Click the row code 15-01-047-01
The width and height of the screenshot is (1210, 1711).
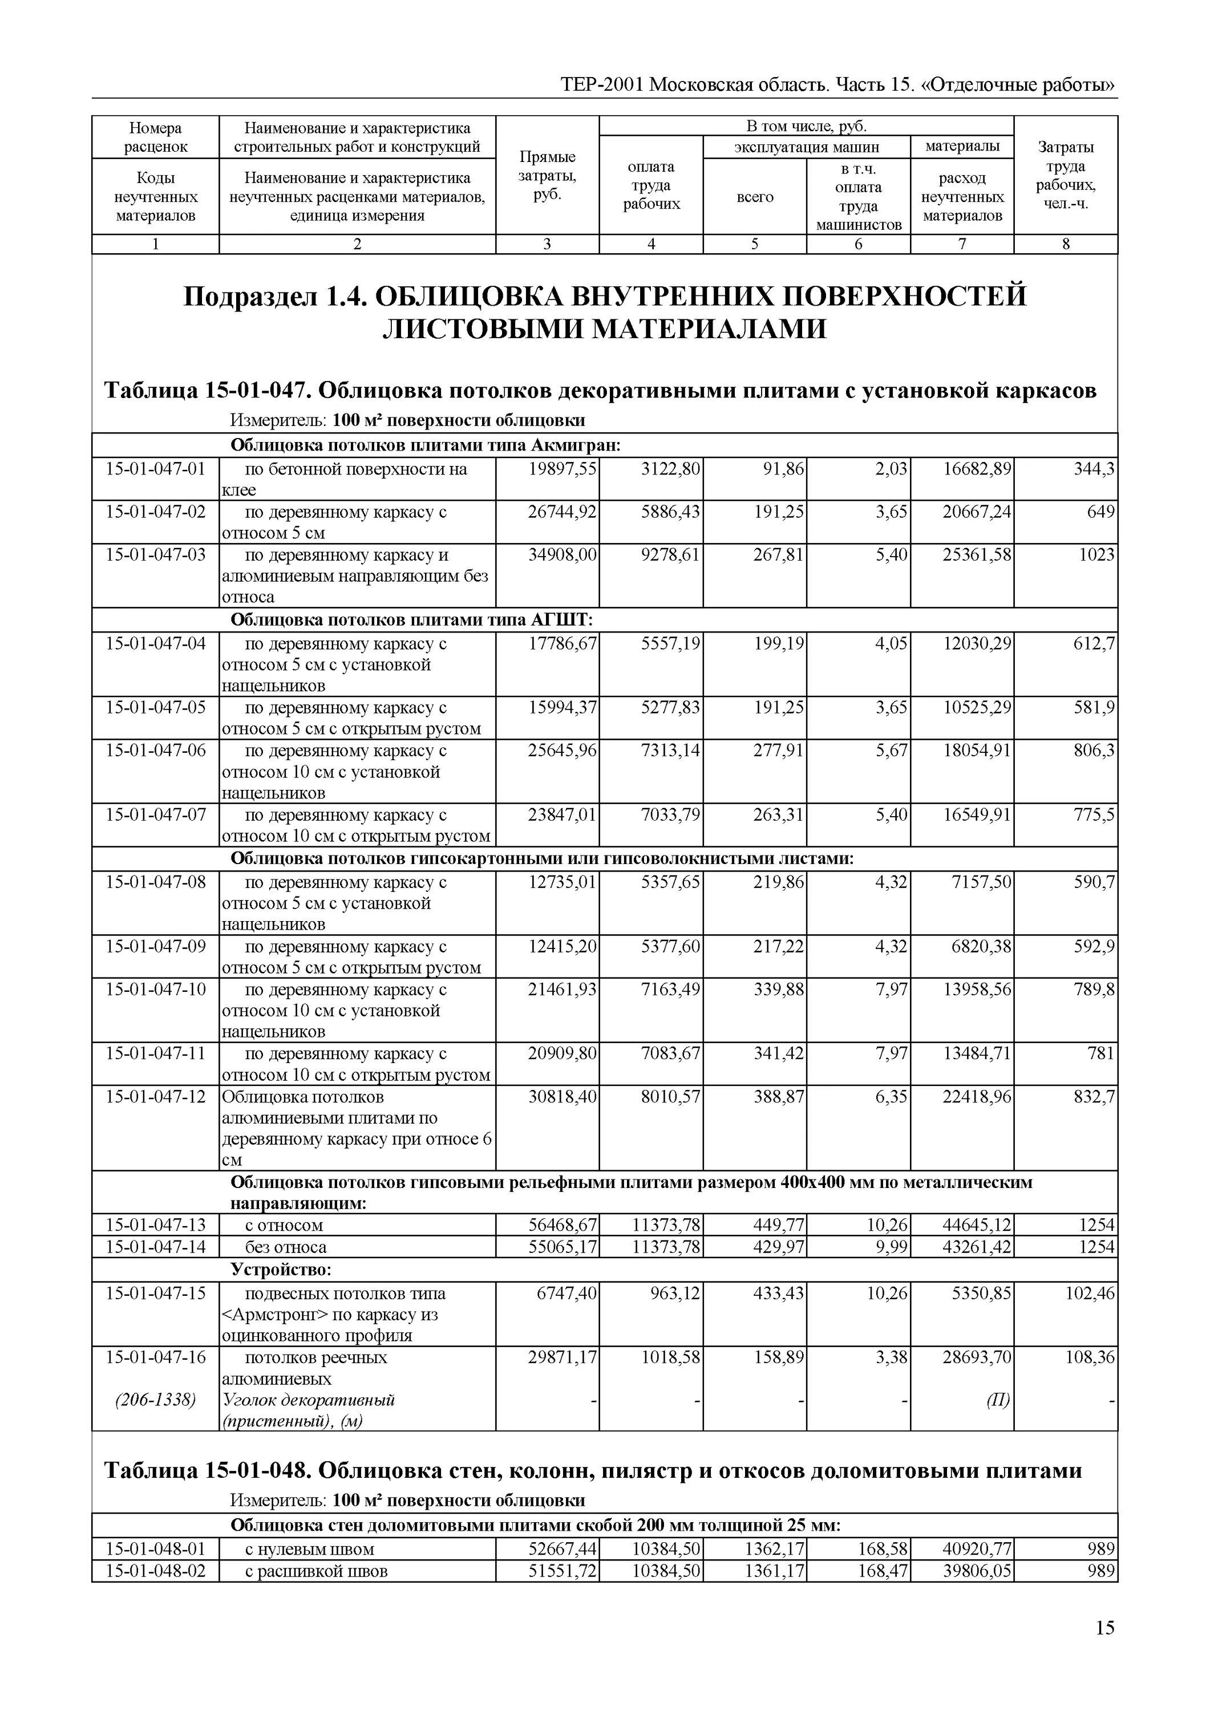155,469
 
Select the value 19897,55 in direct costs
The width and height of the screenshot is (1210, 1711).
562,469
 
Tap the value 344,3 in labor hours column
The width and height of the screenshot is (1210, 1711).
1094,469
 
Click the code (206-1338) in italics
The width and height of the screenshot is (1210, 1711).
155,1400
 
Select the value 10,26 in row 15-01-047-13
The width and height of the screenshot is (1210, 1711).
887,1225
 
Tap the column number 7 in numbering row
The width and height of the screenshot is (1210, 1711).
962,245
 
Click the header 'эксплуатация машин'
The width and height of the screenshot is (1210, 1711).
806,147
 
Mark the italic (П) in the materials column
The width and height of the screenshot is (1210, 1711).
998,1400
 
